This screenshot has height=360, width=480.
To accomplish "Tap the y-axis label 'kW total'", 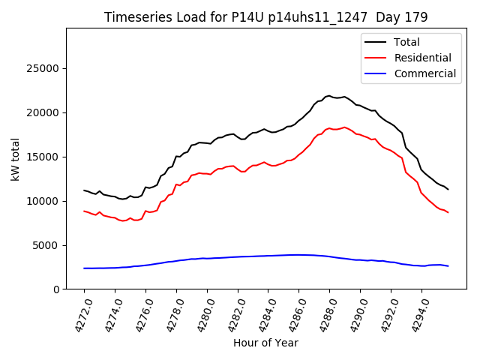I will tap(15, 159).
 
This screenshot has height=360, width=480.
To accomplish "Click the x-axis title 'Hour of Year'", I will tap(265, 343).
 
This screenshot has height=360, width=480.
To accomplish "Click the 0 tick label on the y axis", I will tap(56, 289).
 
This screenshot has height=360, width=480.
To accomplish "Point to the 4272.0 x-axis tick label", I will tap(77, 313).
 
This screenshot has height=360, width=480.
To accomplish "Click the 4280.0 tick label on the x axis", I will tap(200, 313).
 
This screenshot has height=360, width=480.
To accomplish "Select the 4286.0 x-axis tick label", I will tap(292, 313).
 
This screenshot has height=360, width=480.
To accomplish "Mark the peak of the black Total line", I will tap(329, 96).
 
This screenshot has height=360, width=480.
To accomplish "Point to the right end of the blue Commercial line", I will tap(448, 266).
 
